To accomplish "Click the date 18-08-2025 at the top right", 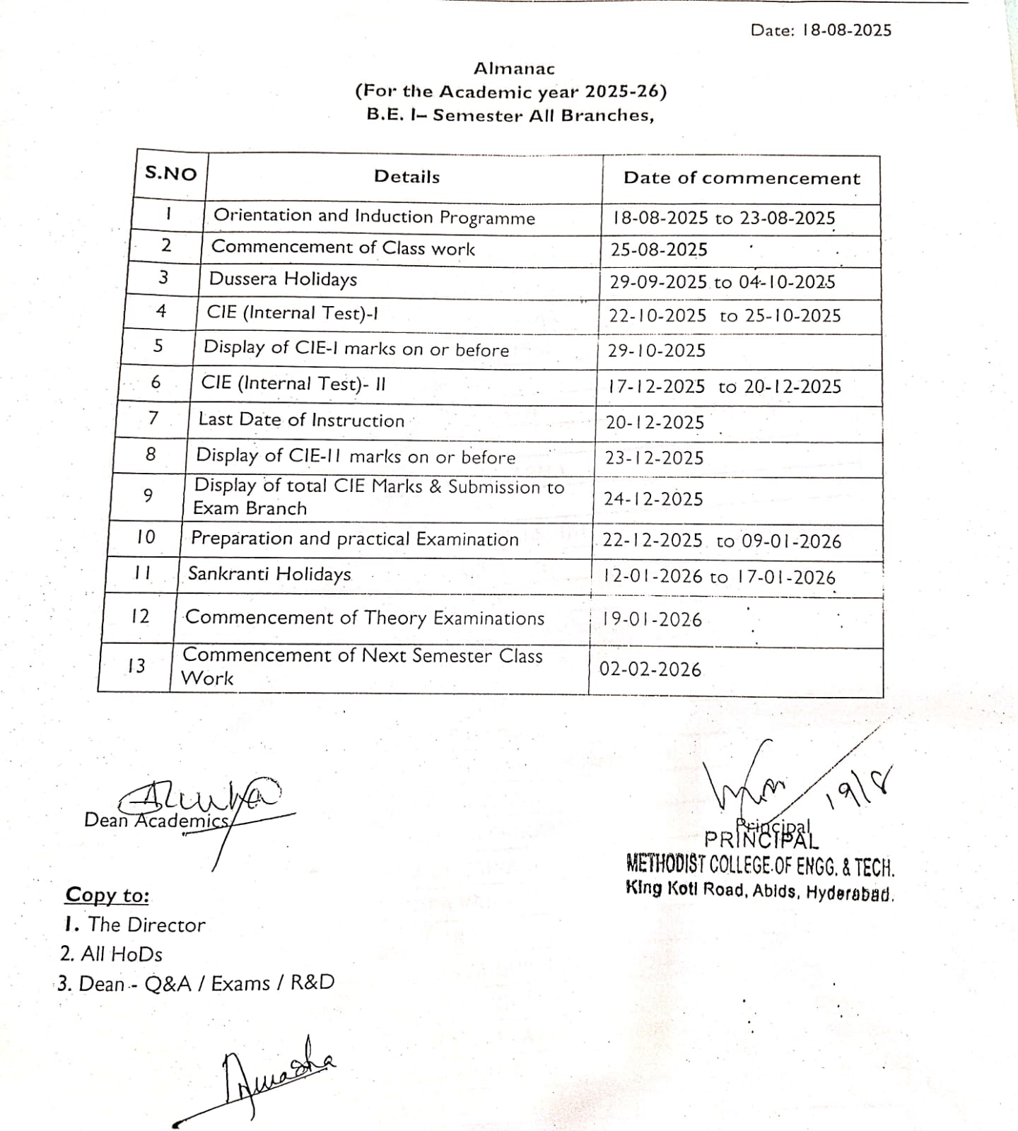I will [x=847, y=30].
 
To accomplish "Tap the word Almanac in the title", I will [x=514, y=69].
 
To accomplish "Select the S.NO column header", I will [x=170, y=173].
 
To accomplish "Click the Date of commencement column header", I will [x=742, y=178].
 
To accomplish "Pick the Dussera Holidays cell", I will [x=283, y=279].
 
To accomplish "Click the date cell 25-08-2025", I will [x=659, y=250].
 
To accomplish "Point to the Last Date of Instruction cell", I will [x=301, y=420].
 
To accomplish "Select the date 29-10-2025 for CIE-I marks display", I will [x=657, y=351].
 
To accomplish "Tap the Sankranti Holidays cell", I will [x=269, y=574].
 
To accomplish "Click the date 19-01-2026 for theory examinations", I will [x=652, y=620].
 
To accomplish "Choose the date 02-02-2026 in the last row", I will [x=650, y=669].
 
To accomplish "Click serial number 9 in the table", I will [x=148, y=496].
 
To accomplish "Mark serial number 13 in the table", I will [x=136, y=666].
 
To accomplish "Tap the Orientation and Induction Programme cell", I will [x=374, y=216].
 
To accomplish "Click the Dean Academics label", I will [x=156, y=820].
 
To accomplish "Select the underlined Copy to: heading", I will [x=107, y=895].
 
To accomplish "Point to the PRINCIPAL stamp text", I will [x=761, y=839].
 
